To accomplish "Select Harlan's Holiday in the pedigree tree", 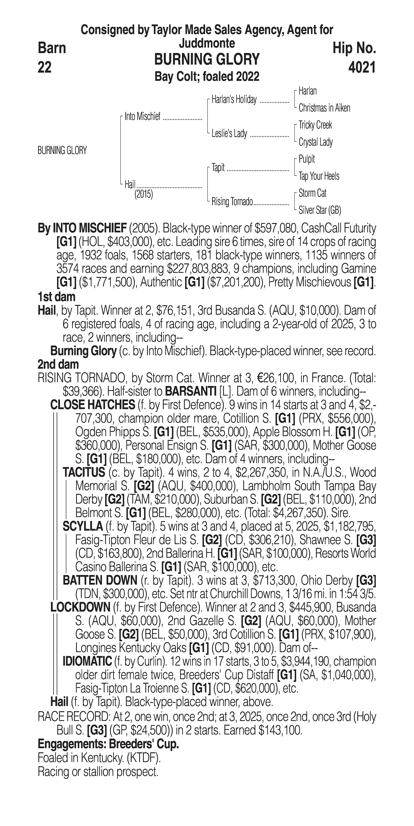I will (234, 100).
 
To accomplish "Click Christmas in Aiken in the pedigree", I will (324, 108).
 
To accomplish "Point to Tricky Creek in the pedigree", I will (315, 125).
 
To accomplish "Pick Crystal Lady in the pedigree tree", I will (315, 142).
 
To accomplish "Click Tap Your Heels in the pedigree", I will (319, 176).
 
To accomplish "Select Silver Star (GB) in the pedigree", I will (320, 210).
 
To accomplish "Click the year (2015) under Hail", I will (143, 194).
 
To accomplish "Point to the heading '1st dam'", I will (56, 297).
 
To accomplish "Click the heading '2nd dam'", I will (58, 365).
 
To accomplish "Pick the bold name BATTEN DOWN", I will (100, 580).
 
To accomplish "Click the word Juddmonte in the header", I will (207, 43).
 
